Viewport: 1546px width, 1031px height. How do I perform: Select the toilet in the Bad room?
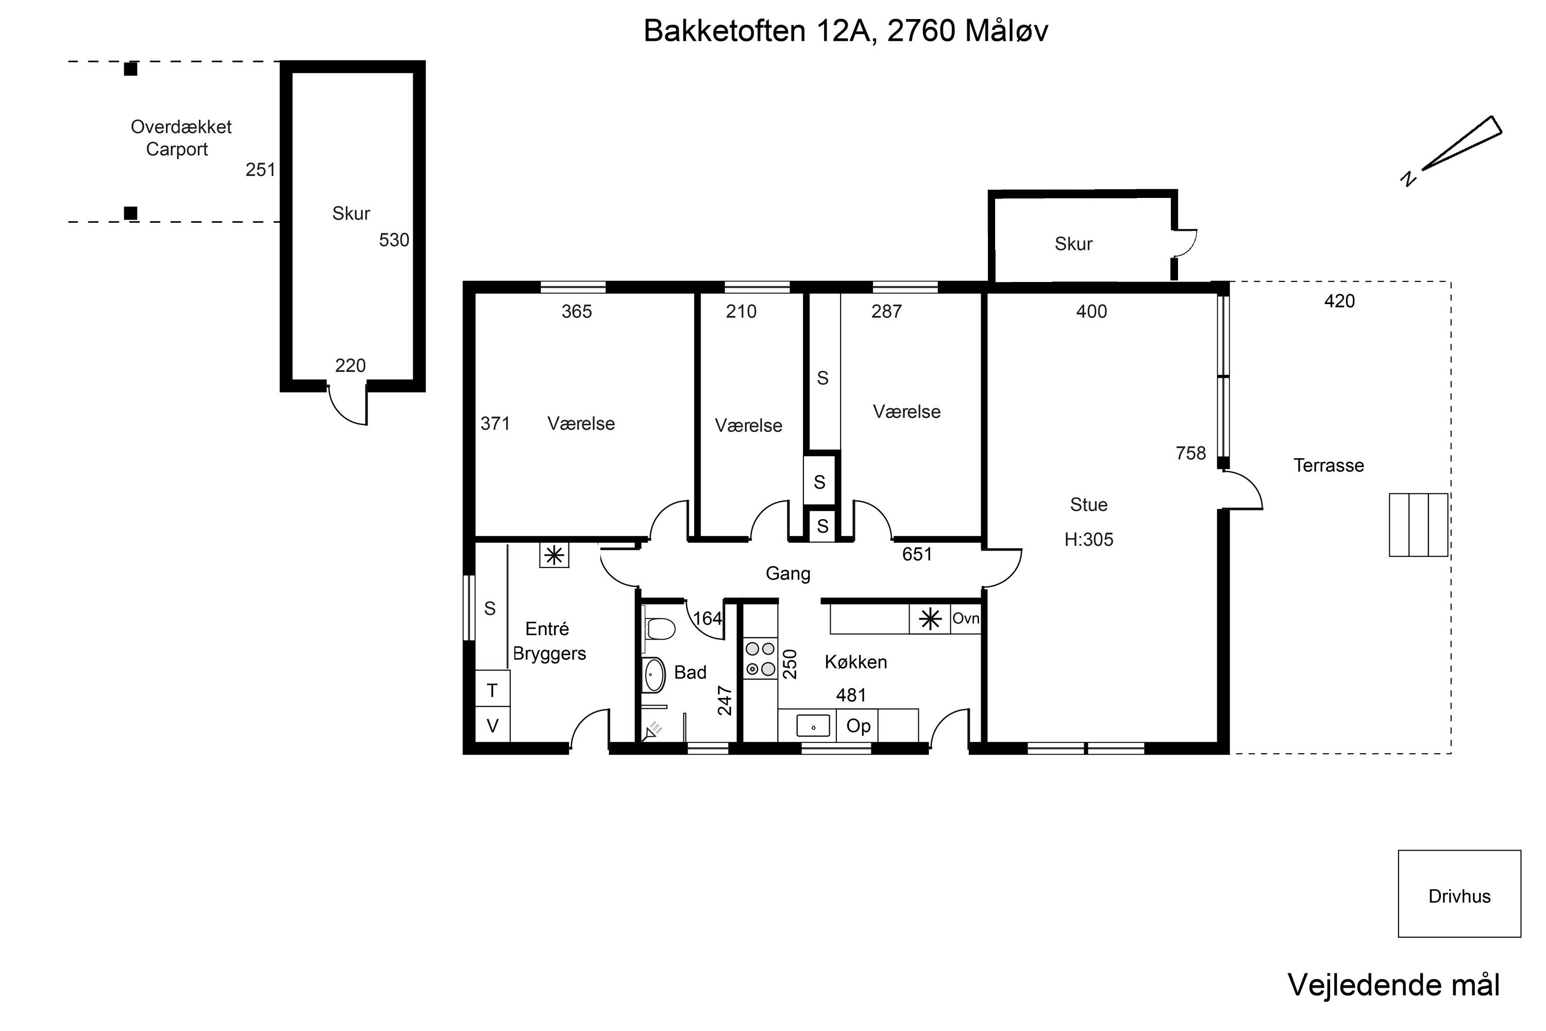pos(659,628)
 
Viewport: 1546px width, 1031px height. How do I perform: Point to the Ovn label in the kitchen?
pos(966,618)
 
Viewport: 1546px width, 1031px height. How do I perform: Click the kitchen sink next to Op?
pos(813,726)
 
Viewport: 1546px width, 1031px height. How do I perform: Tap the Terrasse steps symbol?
pos(1419,525)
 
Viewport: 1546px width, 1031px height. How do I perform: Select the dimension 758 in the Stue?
pos(1190,453)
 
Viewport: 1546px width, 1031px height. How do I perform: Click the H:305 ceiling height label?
pos(1088,539)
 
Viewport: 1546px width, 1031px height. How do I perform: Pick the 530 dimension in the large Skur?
pos(394,240)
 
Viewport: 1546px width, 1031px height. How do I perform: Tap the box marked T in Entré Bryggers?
pos(492,689)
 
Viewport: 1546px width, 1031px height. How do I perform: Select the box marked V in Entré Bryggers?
pos(492,725)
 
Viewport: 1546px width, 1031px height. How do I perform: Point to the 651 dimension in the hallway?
pos(917,554)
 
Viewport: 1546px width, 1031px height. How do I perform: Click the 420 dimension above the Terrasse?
pos(1339,301)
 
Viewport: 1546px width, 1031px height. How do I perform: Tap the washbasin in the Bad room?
pos(653,675)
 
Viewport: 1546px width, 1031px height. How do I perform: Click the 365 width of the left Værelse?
pos(577,312)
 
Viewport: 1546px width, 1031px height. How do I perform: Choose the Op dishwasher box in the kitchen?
pos(858,726)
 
